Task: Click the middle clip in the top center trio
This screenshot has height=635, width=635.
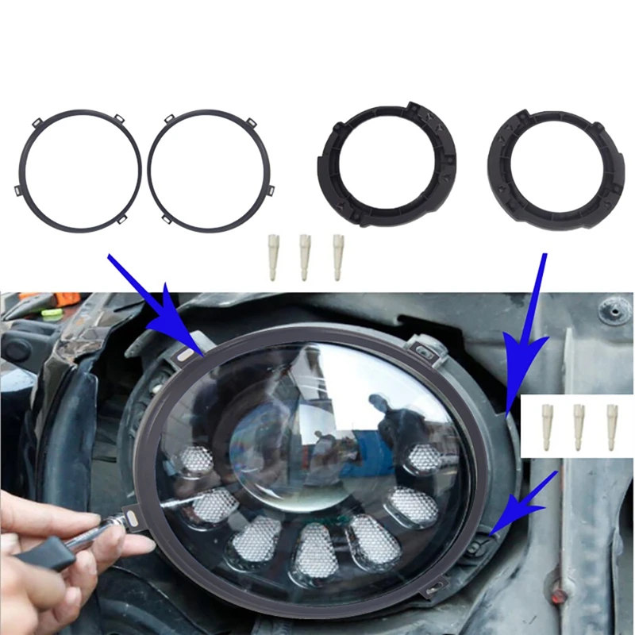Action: [x=304, y=256]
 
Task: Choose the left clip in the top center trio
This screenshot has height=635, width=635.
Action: [x=272, y=256]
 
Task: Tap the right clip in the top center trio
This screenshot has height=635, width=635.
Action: [x=337, y=256]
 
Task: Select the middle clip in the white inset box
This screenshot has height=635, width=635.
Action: [x=579, y=427]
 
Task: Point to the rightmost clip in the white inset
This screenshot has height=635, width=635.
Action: [x=612, y=427]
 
